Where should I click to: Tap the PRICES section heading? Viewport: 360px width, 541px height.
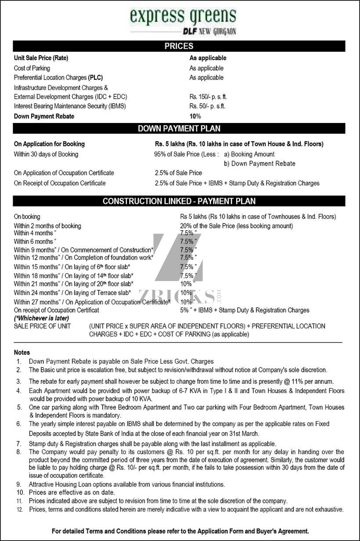pos(179,46)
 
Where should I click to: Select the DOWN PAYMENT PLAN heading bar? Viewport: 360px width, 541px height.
pos(179,129)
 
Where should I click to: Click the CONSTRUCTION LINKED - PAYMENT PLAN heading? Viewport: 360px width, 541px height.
pos(179,201)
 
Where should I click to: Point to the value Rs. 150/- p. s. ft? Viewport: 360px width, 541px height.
pos(208,97)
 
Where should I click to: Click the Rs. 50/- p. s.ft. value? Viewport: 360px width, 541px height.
pos(207,106)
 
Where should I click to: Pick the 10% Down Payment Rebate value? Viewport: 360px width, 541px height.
pos(195,116)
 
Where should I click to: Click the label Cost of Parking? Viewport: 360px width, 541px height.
pos(32,68)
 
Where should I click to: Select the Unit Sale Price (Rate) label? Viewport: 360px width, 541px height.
pos(41,58)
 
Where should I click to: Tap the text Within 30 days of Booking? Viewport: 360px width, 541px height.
pos(46,154)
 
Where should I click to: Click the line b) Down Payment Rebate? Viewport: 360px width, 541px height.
pos(259,163)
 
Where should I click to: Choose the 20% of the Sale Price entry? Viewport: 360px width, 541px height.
pos(236,226)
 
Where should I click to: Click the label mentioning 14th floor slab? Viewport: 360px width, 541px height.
pos(74,276)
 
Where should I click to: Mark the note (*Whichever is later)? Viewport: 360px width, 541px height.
pos(41,318)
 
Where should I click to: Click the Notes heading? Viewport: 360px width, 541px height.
pos(22,352)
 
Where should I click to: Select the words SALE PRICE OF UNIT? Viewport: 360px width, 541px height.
pos(42,326)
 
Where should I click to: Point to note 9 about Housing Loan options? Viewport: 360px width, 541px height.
pos(127,484)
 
